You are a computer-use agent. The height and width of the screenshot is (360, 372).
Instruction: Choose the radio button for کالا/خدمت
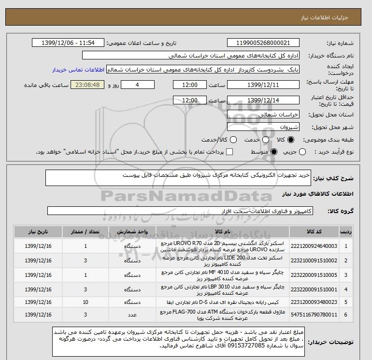pyautogui.click(x=234, y=140)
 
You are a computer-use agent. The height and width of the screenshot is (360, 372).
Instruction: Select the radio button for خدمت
pyautogui.click(x=266, y=140)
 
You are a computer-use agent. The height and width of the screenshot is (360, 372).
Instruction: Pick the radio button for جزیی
pyautogui.click(x=302, y=152)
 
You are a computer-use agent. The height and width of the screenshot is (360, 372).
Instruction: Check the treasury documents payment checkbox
pyautogui.click(x=229, y=152)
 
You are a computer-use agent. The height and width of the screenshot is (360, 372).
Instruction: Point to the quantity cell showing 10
pyautogui.click(x=86, y=302)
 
